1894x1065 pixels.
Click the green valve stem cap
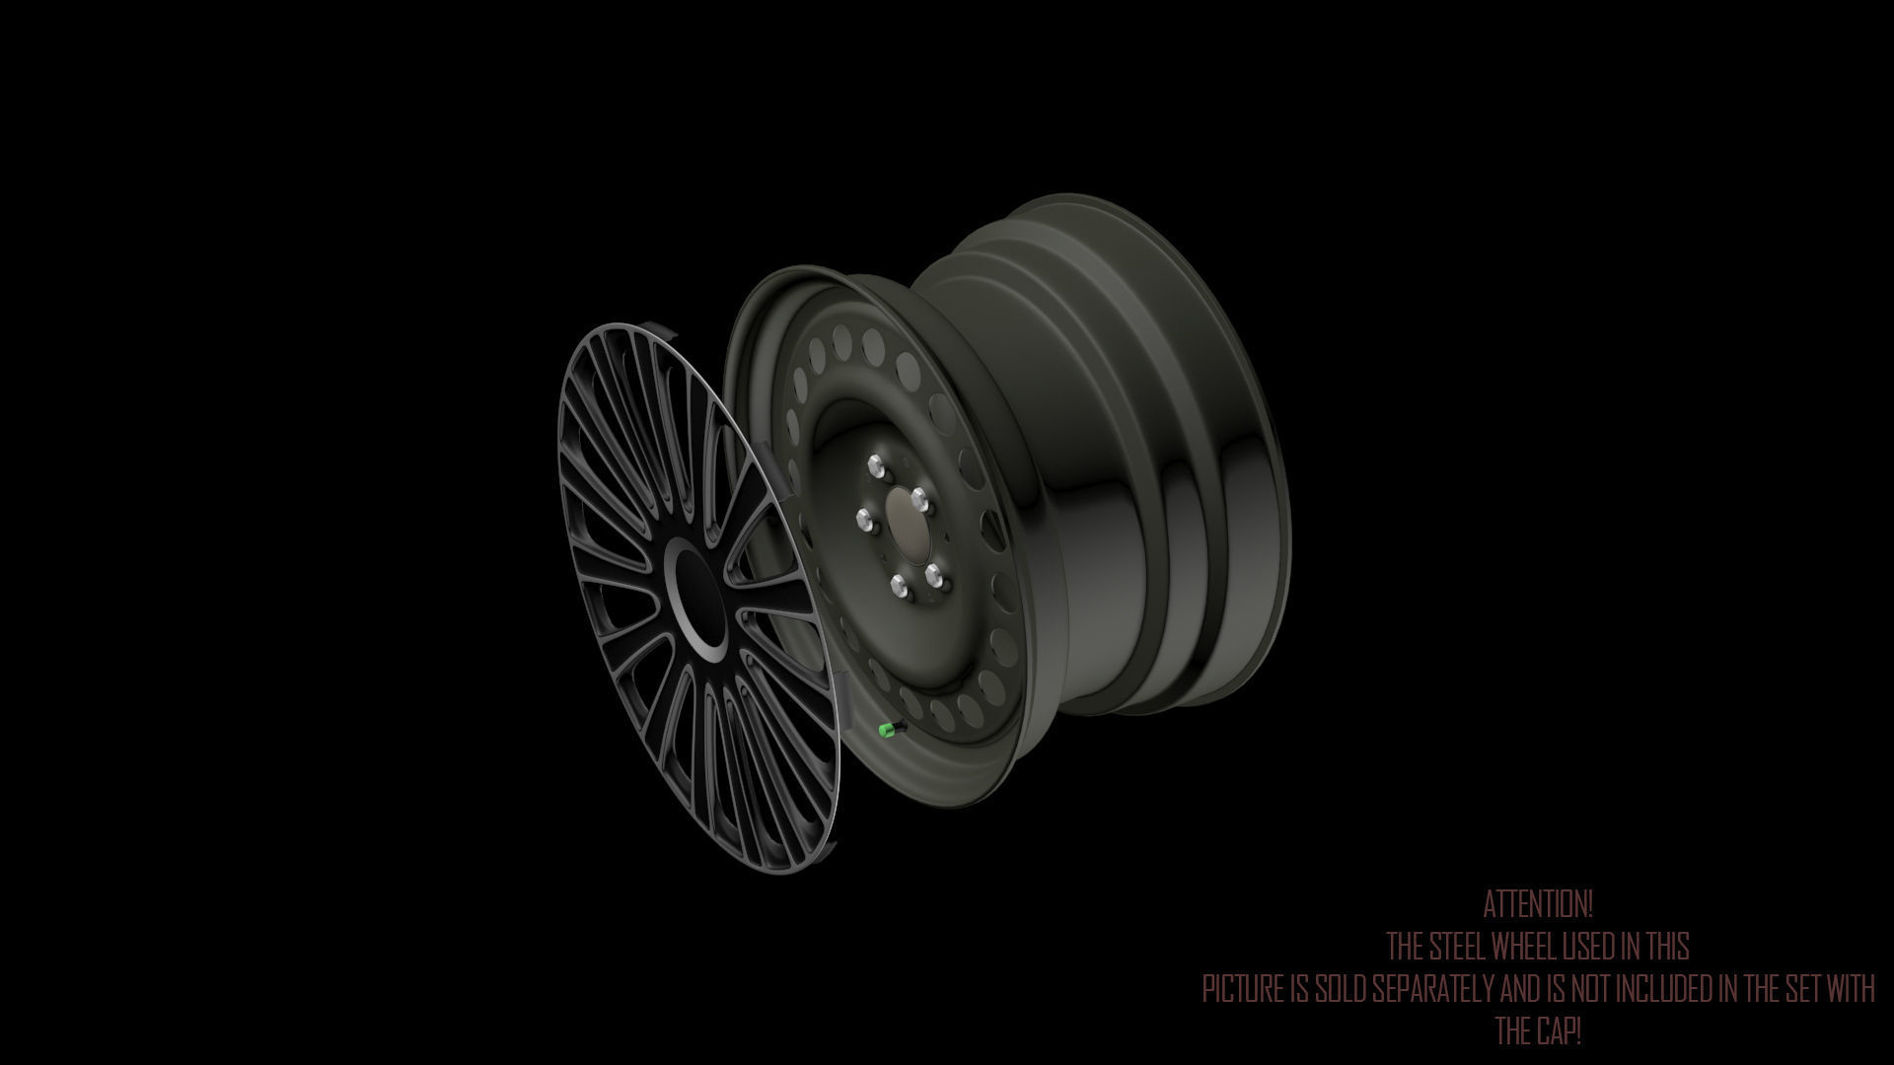point(887,730)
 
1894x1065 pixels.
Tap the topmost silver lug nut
point(875,464)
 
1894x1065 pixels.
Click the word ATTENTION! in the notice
point(1538,903)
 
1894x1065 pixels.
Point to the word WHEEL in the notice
point(1525,947)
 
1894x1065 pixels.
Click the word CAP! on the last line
point(1559,1031)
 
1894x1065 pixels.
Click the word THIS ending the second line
point(1667,947)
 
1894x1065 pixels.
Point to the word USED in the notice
point(1589,947)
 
